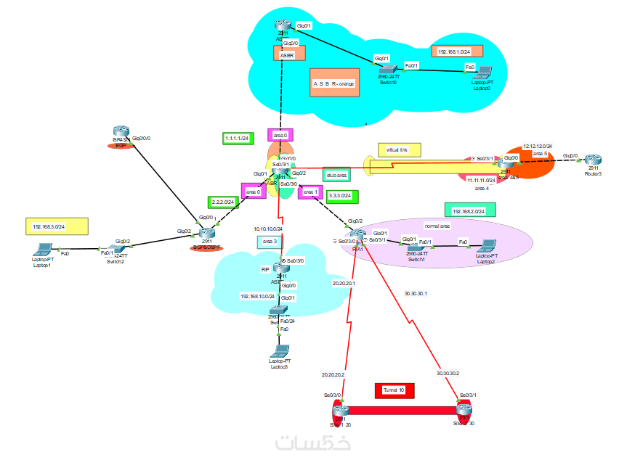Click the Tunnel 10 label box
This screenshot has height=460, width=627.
394,391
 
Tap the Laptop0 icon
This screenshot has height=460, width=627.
481,73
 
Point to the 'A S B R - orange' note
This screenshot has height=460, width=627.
334,83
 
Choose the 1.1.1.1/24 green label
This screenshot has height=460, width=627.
237,138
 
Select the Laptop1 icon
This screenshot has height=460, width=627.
42,248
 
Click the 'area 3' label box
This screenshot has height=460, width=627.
270,241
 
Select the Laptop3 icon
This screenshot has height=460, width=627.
280,352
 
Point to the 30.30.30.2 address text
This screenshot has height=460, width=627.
448,373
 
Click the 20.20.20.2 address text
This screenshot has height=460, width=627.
333,374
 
